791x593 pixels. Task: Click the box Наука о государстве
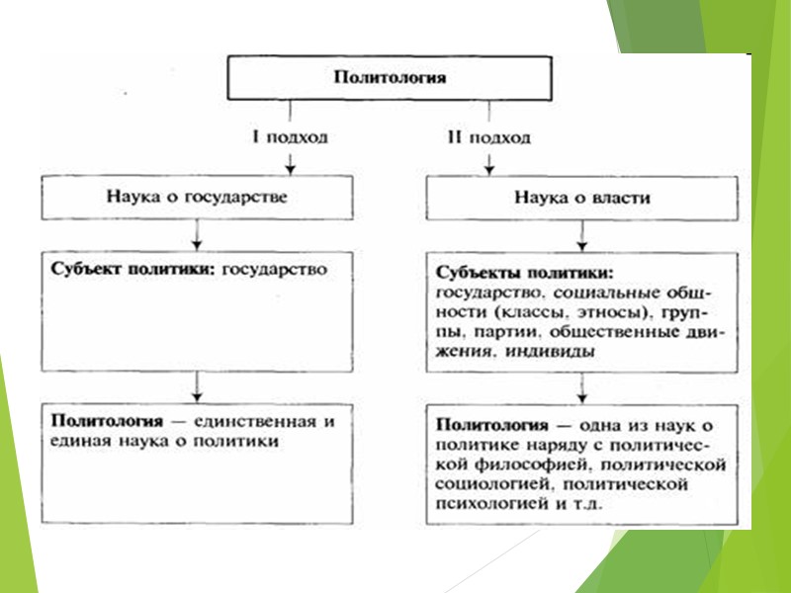[x=198, y=197]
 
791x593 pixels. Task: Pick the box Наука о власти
[x=581, y=198]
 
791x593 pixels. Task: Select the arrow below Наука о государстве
[x=198, y=237]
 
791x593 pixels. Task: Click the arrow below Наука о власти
[x=581, y=237]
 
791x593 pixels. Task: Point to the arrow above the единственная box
[x=198, y=383]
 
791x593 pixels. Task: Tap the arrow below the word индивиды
[x=581, y=383]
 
